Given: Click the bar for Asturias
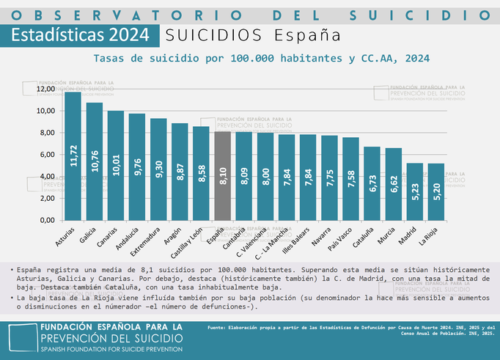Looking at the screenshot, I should (x=73, y=155).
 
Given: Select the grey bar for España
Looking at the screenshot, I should (x=223, y=176).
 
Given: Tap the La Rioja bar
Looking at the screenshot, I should (x=435, y=191).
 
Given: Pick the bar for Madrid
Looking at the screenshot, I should (x=414, y=191).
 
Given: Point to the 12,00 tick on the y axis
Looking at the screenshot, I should (x=46, y=89).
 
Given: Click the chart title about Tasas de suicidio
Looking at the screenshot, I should (x=261, y=57).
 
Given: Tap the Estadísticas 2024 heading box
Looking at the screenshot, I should (x=78, y=34).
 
